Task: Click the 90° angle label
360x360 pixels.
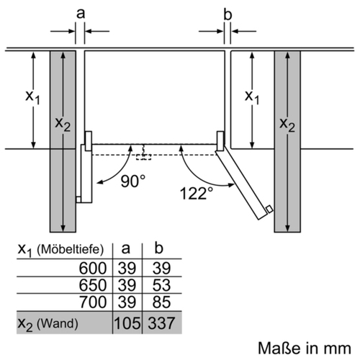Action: point(132,181)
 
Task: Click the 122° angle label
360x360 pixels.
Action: point(197,194)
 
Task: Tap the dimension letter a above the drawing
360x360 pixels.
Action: point(81,13)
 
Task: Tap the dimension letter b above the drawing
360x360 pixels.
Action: point(228,14)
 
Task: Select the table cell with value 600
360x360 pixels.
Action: point(93,268)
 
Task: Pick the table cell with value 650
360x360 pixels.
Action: point(93,285)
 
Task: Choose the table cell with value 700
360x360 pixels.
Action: point(93,302)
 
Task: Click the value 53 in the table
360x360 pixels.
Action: point(161,285)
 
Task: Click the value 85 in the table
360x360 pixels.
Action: point(161,302)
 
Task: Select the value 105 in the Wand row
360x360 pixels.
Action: point(127,323)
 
